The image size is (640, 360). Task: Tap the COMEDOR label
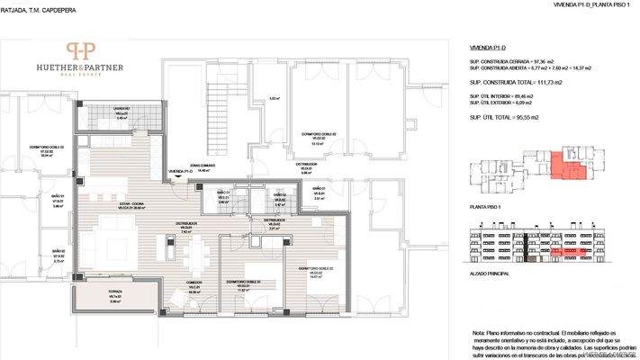[193, 283]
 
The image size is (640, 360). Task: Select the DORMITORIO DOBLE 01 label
[242, 286]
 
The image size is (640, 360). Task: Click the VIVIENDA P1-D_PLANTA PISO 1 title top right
[590, 6]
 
